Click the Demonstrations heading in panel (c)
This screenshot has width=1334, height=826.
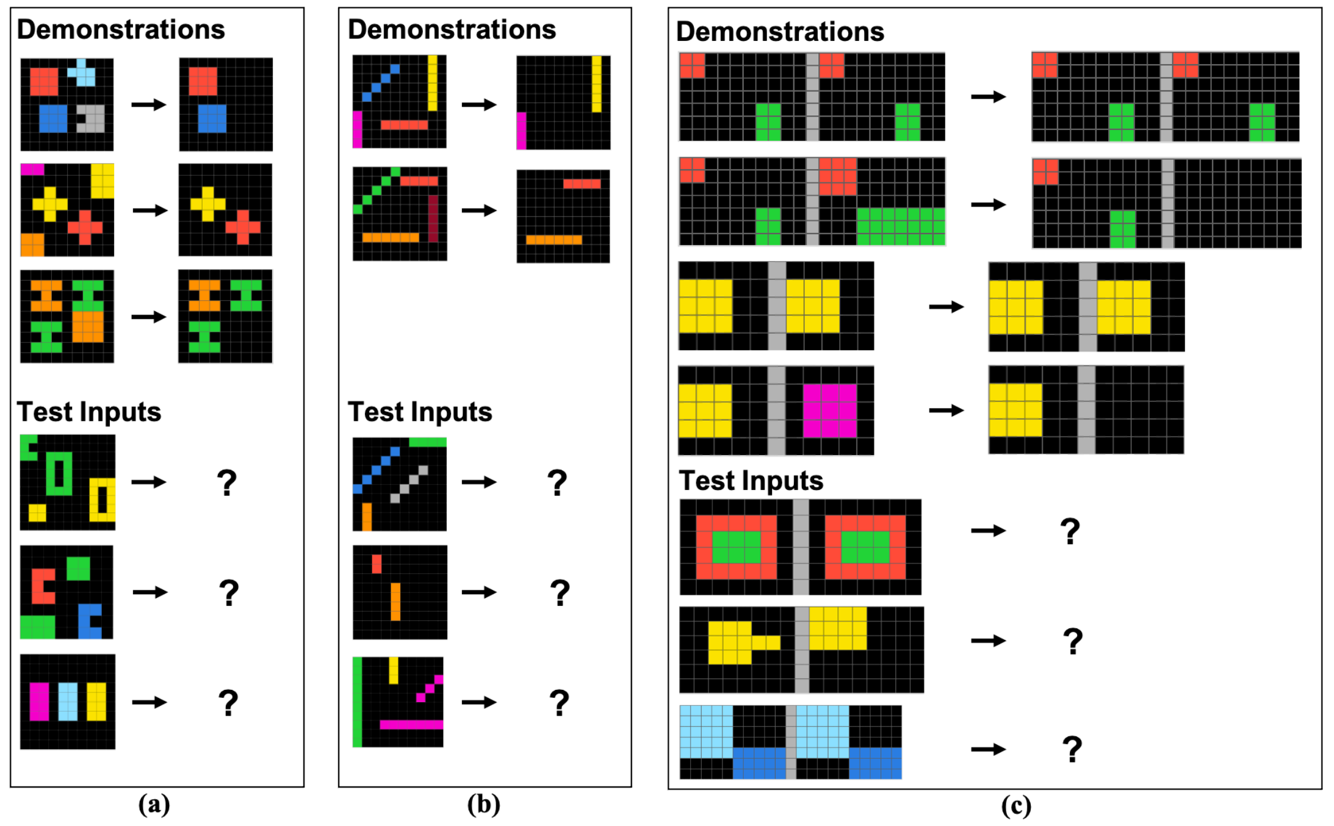tap(779, 32)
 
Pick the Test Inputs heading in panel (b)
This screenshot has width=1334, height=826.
tap(420, 412)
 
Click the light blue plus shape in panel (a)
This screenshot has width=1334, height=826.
tap(82, 73)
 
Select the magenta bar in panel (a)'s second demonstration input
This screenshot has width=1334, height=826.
tap(32, 169)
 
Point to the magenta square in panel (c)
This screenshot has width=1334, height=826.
tap(829, 410)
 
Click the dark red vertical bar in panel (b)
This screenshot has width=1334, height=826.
tap(433, 218)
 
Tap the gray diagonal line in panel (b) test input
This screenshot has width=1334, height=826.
tap(408, 484)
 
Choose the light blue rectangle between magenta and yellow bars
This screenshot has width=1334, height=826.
tap(68, 702)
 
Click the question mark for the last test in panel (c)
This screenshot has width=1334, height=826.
tap(1072, 749)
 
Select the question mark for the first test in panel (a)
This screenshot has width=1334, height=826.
tap(226, 483)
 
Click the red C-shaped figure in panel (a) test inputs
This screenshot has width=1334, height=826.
tap(41, 586)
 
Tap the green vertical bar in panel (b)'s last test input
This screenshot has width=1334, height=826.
tap(357, 702)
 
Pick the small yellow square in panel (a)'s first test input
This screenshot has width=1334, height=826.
tap(37, 512)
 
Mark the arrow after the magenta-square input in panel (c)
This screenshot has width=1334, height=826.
tap(946, 410)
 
